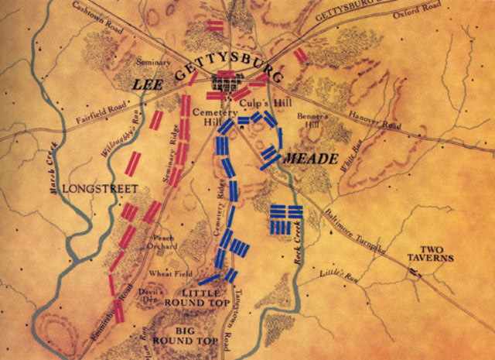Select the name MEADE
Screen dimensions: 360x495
tap(312, 159)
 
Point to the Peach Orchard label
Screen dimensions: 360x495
tap(165, 241)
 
